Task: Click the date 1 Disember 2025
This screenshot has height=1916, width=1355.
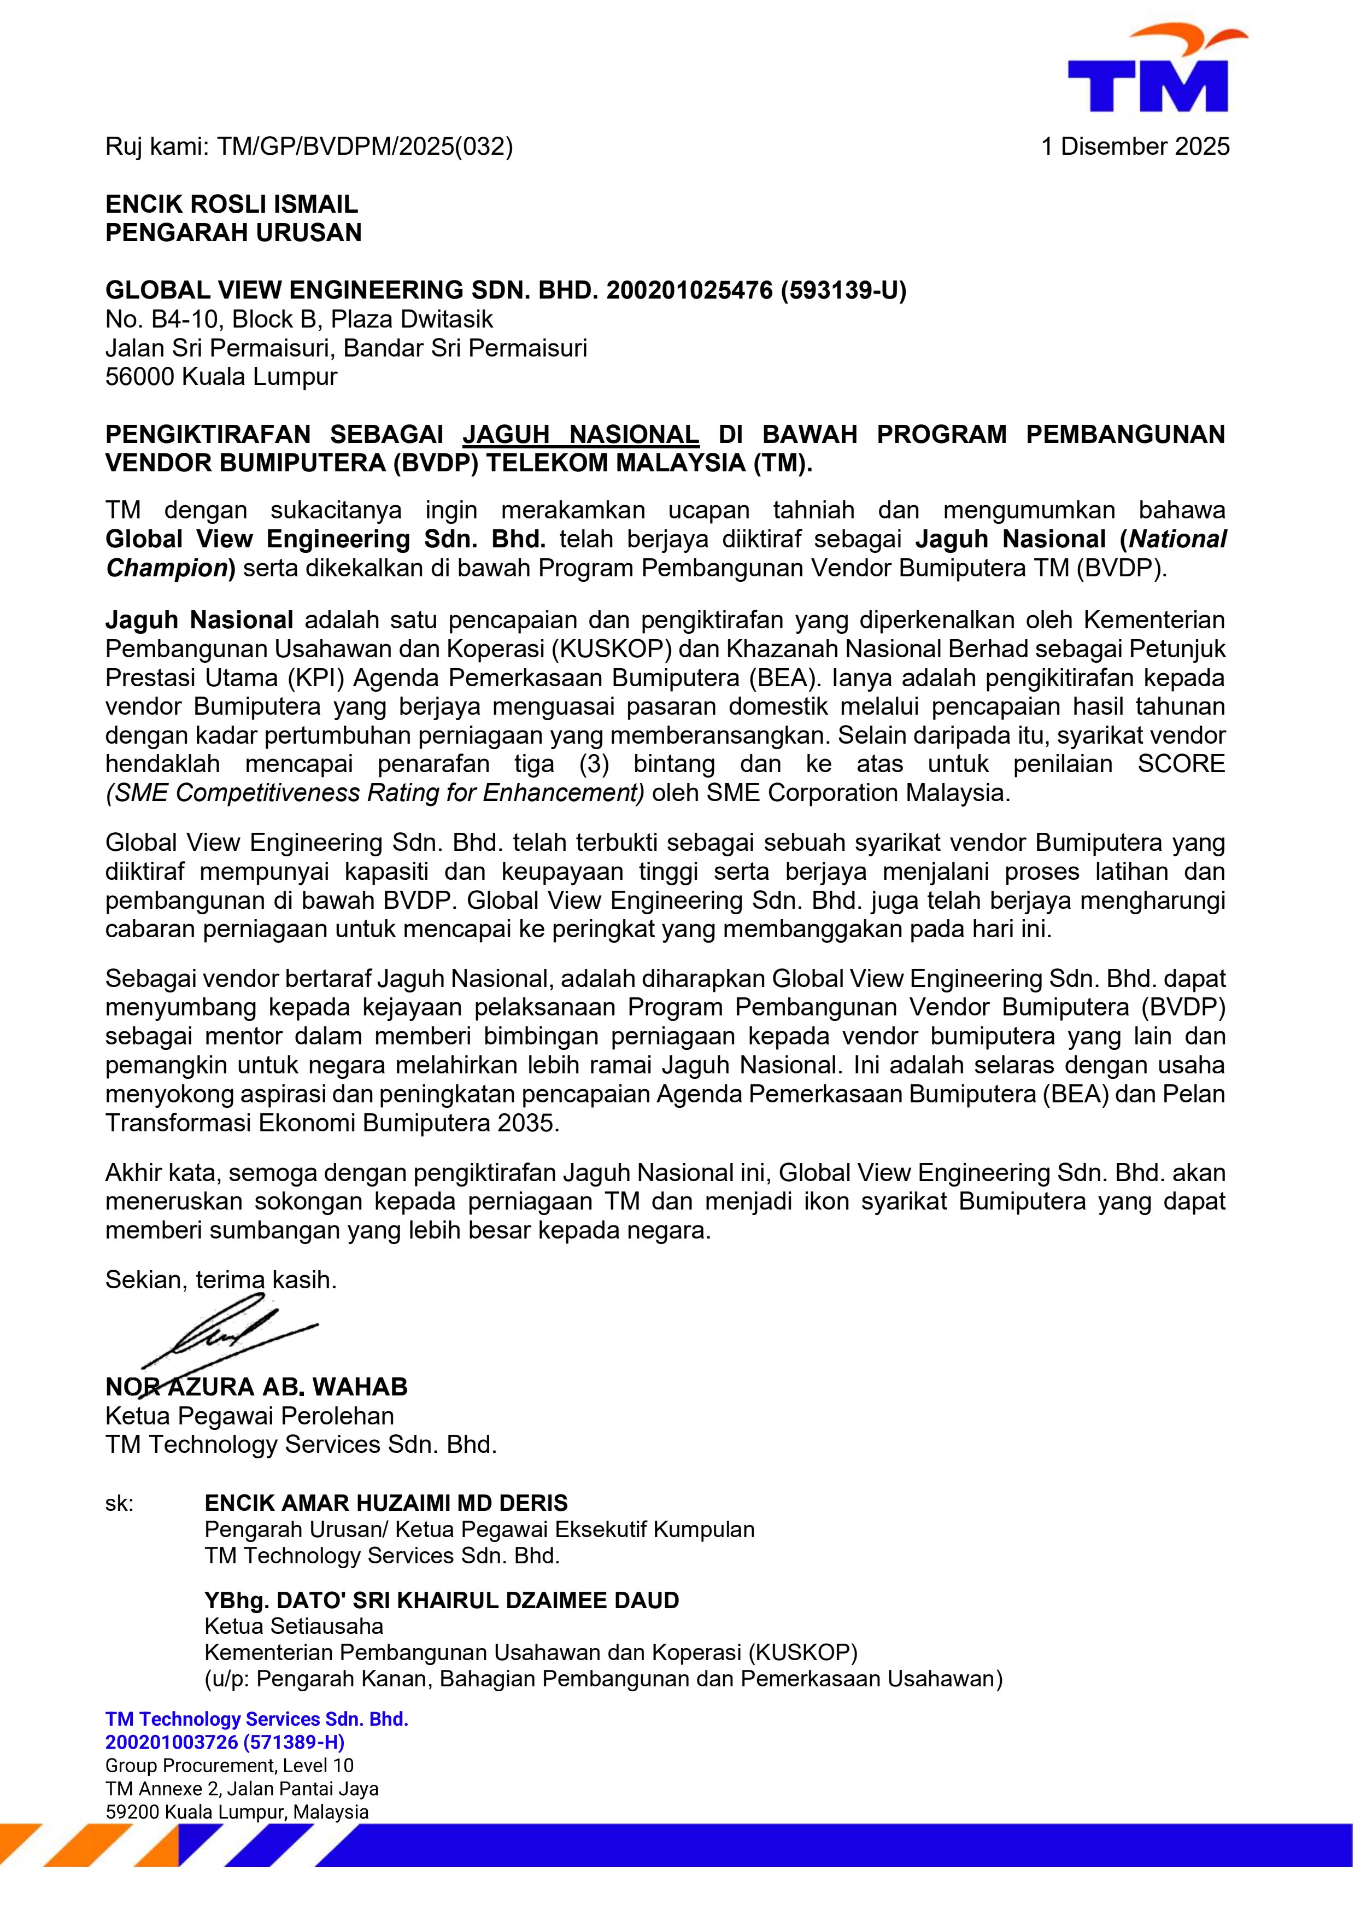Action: (1135, 147)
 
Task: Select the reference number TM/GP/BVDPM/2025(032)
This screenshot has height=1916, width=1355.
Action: (365, 147)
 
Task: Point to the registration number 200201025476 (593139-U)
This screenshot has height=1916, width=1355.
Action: (756, 290)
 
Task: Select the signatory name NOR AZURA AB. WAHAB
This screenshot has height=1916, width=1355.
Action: (256, 1387)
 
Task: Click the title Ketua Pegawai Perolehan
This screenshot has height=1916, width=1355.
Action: (249, 1416)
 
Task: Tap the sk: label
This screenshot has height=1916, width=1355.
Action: (119, 1504)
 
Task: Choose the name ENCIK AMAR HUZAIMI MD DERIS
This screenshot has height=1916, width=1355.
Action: (385, 1503)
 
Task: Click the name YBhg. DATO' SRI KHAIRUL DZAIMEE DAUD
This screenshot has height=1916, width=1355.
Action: (442, 1600)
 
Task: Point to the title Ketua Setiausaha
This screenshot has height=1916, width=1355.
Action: (294, 1626)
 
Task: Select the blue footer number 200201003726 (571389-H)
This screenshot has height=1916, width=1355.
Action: (225, 1743)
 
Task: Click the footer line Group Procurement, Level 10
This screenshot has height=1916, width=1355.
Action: (230, 1766)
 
